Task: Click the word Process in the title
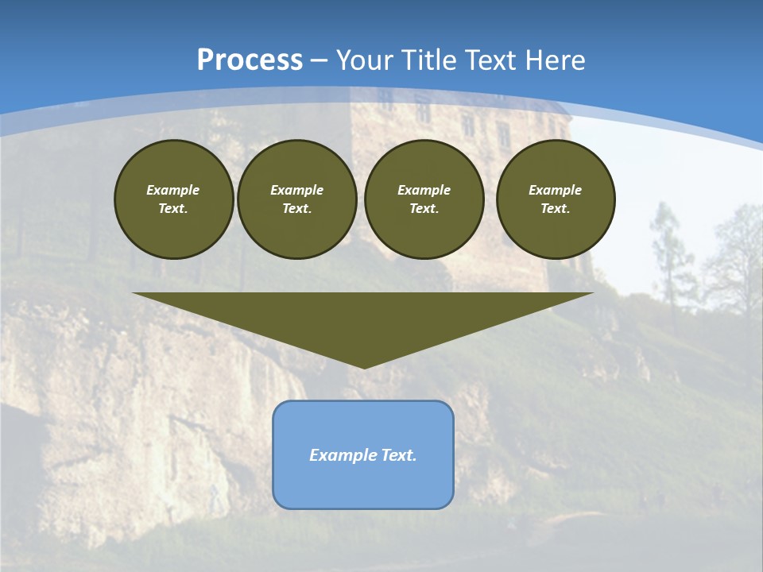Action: click(x=250, y=60)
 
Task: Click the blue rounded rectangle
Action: click(x=363, y=485)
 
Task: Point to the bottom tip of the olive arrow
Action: click(x=364, y=367)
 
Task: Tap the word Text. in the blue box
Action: click(x=398, y=455)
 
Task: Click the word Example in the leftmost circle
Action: click(x=173, y=190)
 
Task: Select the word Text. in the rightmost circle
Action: click(x=555, y=208)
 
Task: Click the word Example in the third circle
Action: click(x=424, y=190)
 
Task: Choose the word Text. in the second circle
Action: click(x=296, y=208)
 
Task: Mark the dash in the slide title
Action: click(x=319, y=60)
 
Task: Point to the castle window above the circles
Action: click(x=503, y=135)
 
